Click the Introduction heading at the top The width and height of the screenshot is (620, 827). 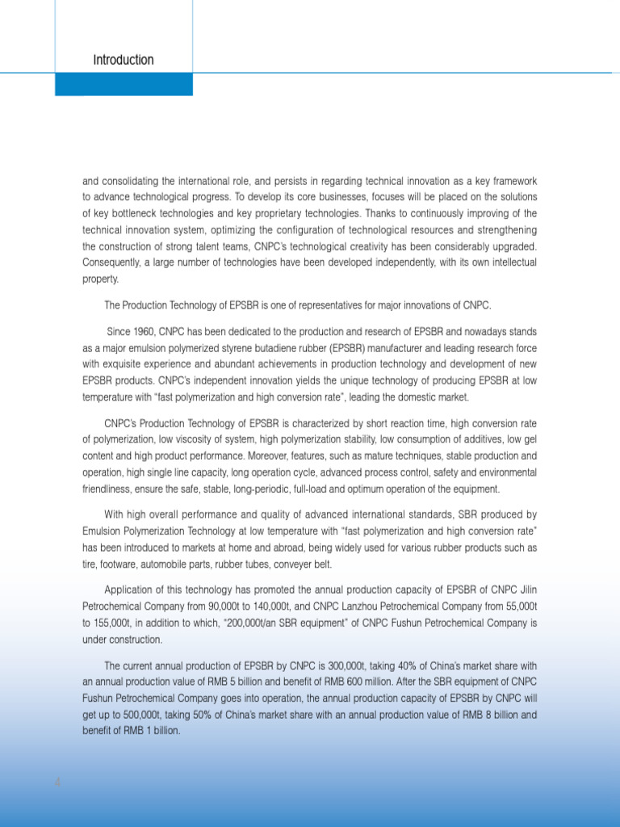(x=123, y=61)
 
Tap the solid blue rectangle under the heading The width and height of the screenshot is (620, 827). (x=124, y=84)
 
